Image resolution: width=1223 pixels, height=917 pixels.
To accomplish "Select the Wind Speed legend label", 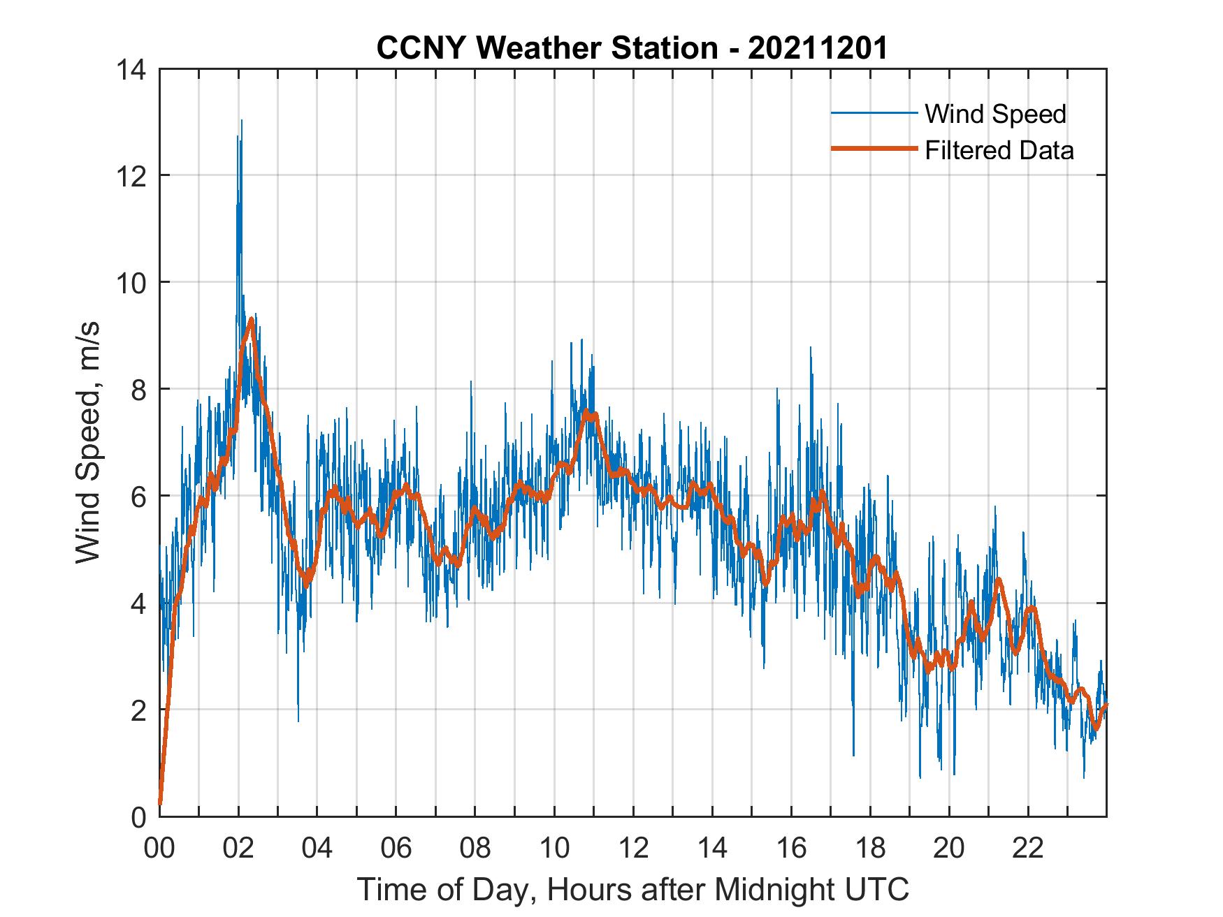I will point(995,114).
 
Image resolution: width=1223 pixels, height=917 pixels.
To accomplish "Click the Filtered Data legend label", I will point(999,150).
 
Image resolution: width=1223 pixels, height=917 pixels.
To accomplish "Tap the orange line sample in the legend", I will point(874,149).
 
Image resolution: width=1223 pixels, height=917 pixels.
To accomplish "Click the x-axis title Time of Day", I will point(632,890).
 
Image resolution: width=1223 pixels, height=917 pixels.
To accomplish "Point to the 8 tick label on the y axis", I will point(138,390).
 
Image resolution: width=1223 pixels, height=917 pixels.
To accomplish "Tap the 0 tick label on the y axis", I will point(138,817).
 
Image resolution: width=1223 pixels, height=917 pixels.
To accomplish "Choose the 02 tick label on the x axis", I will point(238,849).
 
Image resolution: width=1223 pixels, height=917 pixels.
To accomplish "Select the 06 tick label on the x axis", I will point(396,849).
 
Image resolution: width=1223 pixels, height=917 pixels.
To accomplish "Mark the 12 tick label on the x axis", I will point(633,849).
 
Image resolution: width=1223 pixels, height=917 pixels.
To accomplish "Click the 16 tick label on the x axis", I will point(791,849).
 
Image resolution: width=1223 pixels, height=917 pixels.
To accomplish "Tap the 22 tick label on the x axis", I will point(1028,849).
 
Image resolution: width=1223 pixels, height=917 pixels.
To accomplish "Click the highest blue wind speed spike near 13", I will point(241,121).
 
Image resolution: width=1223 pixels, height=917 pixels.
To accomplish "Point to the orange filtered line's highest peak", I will point(250,320).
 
